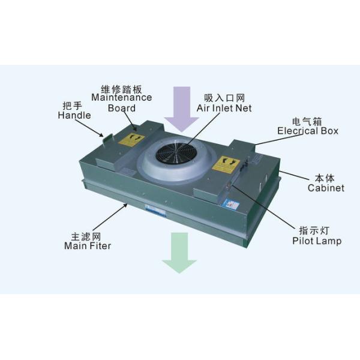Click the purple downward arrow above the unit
(182, 107)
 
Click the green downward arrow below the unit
(179, 253)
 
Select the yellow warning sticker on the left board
(131, 139)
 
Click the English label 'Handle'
(74, 115)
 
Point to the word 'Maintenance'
(122, 97)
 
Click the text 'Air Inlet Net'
(224, 108)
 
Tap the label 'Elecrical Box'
(307, 131)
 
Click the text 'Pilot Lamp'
(317, 241)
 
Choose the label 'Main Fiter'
(88, 245)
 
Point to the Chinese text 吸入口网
(224, 98)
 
